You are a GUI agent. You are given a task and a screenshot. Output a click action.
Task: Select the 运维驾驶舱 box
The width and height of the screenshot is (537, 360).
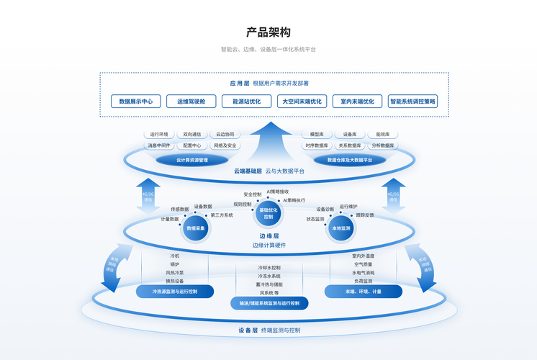click(191, 102)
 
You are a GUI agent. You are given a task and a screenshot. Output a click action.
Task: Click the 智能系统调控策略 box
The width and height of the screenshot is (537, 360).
click(412, 102)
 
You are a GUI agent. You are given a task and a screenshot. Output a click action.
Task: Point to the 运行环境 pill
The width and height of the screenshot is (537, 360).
click(159, 135)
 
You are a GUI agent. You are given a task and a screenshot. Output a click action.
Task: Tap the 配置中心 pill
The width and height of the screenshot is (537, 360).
click(192, 145)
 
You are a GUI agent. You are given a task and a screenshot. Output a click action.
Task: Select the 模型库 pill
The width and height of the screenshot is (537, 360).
click(317, 135)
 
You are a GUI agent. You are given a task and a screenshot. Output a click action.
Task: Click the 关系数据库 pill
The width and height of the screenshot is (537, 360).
click(350, 145)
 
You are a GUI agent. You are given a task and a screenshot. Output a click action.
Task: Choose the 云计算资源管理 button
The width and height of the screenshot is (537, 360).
click(192, 160)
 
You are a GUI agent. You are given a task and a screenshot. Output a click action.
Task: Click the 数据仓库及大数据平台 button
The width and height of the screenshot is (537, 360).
click(350, 160)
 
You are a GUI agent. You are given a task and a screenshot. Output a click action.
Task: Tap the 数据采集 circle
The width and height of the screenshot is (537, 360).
click(197, 228)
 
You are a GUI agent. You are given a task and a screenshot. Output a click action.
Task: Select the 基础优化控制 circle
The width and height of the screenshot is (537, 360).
click(268, 213)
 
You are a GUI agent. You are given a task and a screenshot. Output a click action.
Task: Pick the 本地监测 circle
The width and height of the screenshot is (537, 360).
click(340, 228)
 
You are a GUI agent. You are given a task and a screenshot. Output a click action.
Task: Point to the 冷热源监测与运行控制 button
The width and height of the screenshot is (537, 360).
click(174, 291)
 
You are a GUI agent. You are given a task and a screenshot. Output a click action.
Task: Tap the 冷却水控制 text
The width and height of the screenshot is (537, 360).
click(269, 268)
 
